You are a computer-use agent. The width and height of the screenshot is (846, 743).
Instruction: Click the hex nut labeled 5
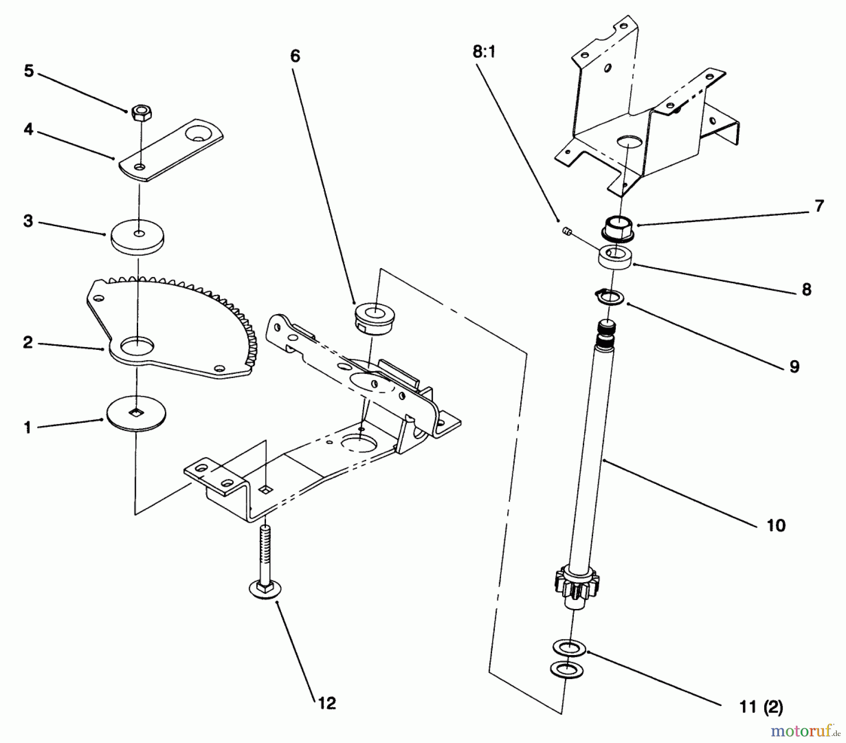coord(138,111)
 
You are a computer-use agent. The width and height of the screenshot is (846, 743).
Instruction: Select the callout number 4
coord(29,129)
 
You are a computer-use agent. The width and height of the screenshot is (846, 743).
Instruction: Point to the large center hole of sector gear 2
coord(137,347)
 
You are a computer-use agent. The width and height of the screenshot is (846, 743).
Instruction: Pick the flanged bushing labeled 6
coord(375,317)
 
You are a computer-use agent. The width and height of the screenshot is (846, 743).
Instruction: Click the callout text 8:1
coord(484,52)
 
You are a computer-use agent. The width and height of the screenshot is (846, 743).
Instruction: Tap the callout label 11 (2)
coord(761,707)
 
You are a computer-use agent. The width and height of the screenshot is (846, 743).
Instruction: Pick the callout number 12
coord(327,703)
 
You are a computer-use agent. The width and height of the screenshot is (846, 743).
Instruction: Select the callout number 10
coord(776,525)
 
